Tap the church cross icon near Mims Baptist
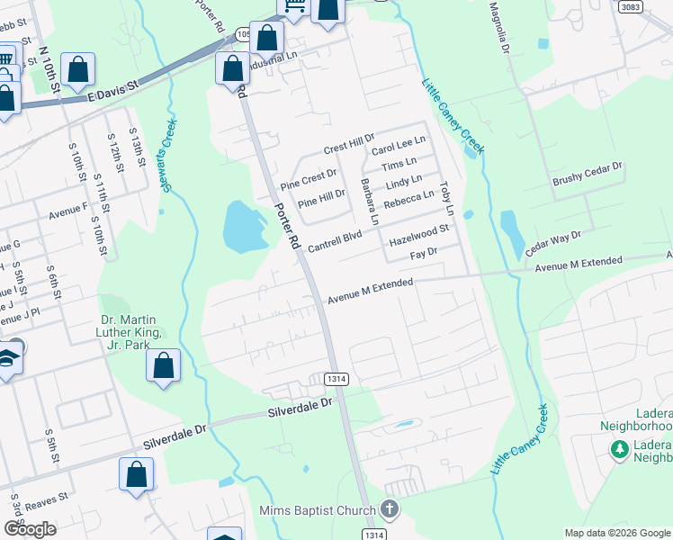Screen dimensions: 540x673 click(x=389, y=510)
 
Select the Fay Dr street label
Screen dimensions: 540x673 click(x=423, y=255)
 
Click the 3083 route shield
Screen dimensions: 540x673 click(x=630, y=6)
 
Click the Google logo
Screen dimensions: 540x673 click(x=30, y=529)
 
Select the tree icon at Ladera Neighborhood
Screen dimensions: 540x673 click(x=619, y=447)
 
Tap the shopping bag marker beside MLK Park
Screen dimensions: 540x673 click(x=163, y=365)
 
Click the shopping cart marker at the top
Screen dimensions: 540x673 click(x=294, y=7)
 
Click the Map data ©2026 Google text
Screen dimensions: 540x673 click(x=616, y=533)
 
